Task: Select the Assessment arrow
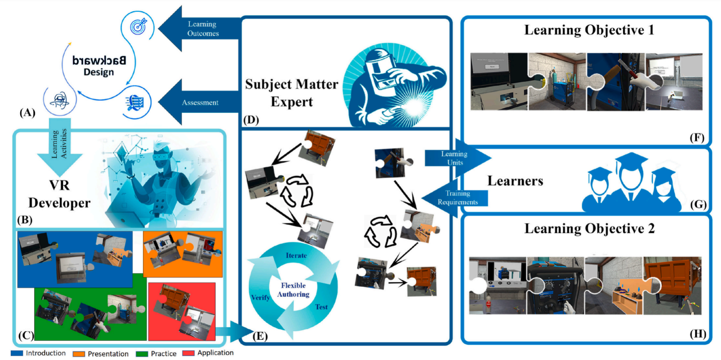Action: point(197,103)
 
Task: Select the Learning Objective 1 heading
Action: point(589,30)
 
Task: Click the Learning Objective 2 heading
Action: point(589,229)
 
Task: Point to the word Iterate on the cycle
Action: point(296,256)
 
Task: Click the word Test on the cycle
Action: point(322,308)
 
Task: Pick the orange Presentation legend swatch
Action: point(80,353)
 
